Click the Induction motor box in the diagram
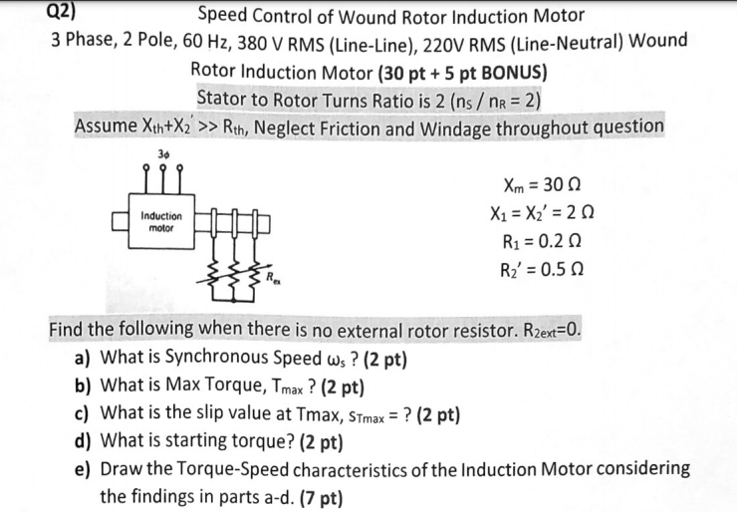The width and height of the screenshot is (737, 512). [161, 221]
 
